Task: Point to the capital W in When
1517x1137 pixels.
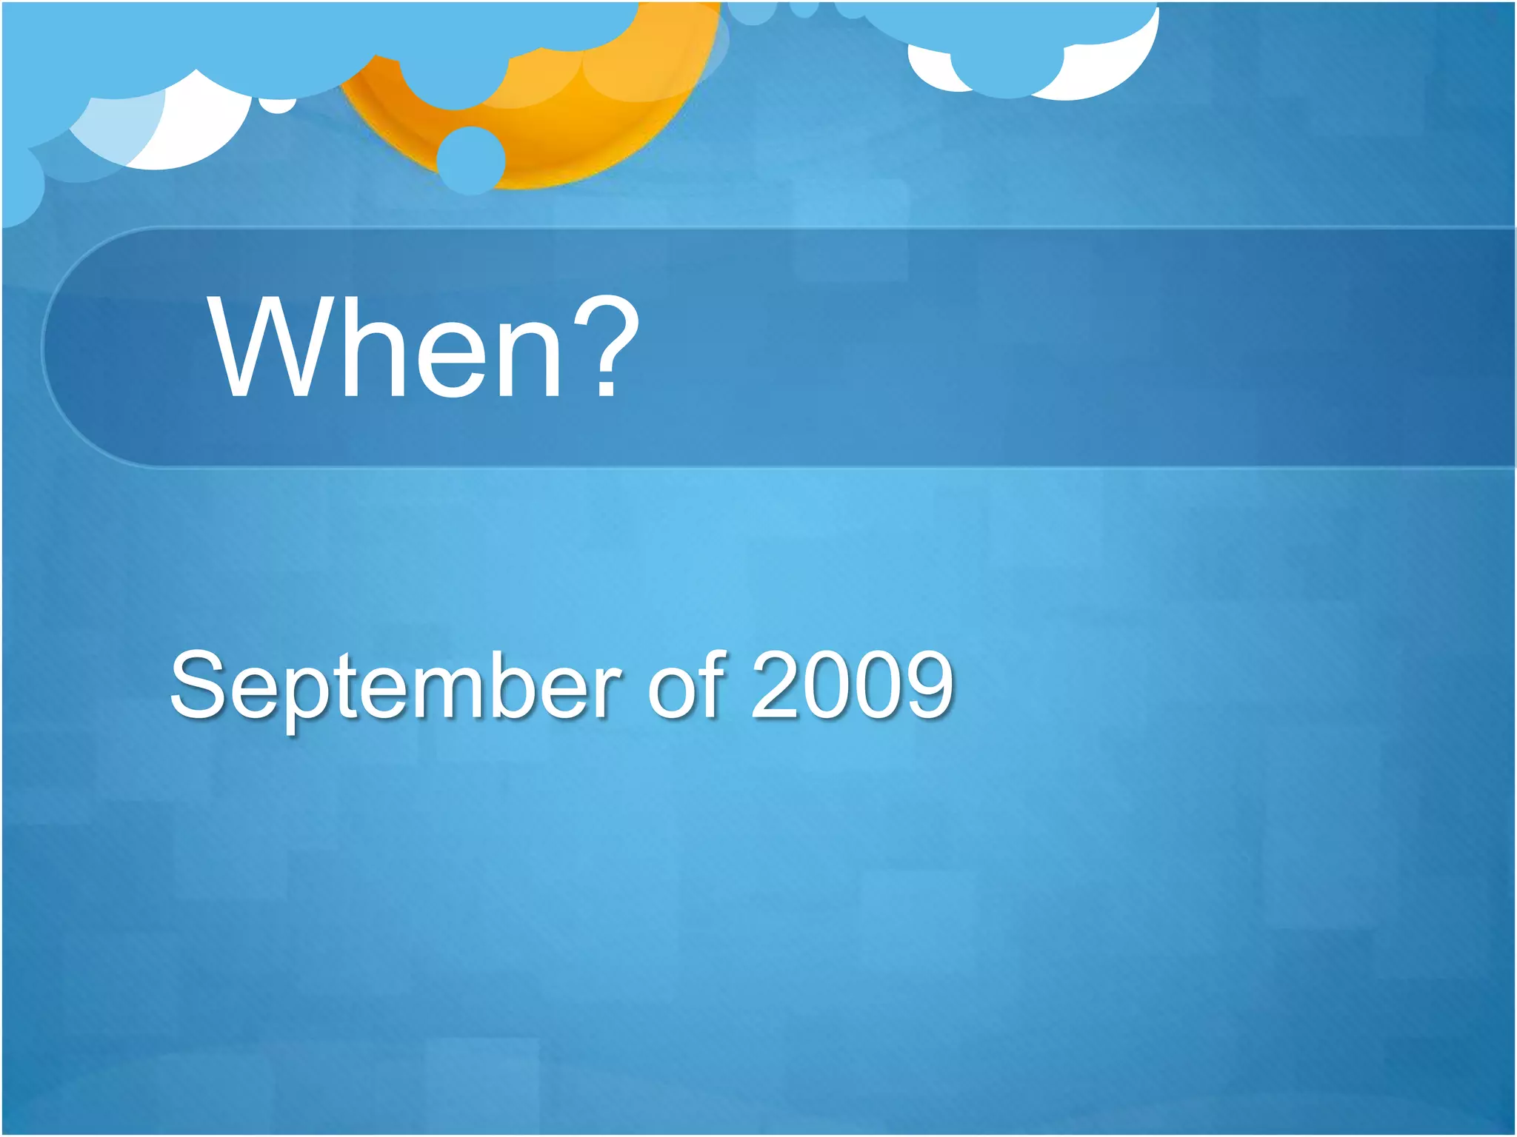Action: [264, 348]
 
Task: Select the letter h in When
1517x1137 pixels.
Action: [359, 348]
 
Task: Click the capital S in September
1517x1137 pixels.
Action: [196, 685]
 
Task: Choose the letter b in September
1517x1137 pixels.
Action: [529, 685]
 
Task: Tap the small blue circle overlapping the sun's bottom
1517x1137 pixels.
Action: [471, 160]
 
